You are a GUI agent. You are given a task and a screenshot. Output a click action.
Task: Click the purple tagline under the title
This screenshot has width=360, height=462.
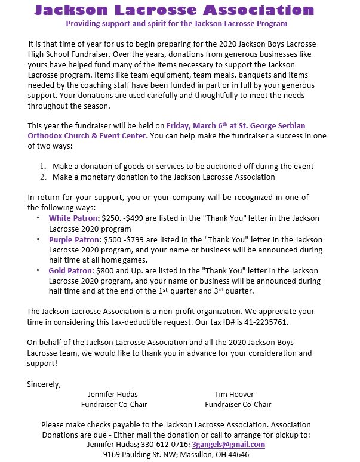pos(176,23)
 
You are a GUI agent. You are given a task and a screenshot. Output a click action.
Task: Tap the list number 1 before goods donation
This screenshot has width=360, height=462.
pos(42,166)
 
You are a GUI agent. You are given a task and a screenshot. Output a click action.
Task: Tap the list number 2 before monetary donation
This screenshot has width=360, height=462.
pos(42,177)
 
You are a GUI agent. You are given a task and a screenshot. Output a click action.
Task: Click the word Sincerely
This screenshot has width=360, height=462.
pos(44,384)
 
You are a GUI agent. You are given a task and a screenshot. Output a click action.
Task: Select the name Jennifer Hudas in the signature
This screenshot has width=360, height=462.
pos(112,395)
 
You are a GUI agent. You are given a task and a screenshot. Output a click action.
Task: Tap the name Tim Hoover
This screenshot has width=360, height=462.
pos(234,395)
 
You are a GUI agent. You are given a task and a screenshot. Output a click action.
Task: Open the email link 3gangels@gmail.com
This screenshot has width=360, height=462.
pos(229,445)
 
